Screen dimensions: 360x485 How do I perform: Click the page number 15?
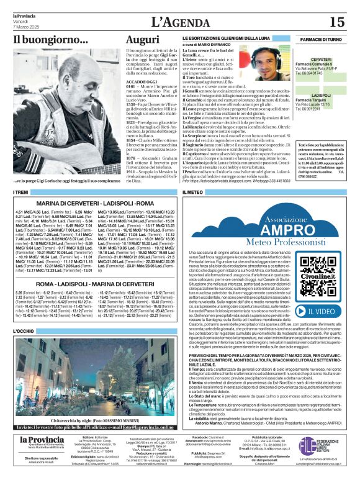click(x=336, y=22)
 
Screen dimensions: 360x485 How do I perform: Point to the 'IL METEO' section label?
click(x=193, y=194)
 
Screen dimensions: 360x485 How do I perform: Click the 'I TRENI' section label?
click(x=20, y=194)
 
